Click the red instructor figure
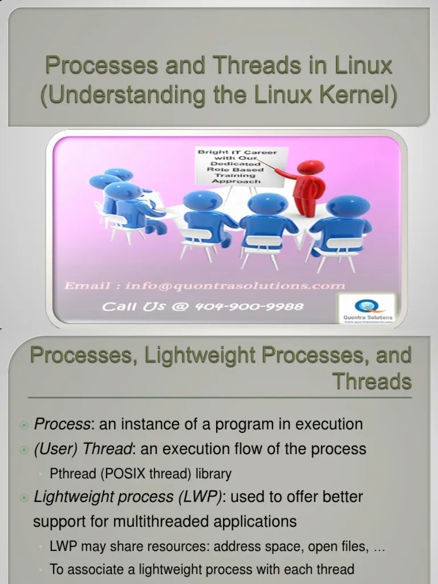tap(309, 186)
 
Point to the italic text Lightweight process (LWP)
tap(128, 497)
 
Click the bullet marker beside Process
tap(24, 425)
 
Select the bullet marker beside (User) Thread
tap(24, 449)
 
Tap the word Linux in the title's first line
tap(363, 66)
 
